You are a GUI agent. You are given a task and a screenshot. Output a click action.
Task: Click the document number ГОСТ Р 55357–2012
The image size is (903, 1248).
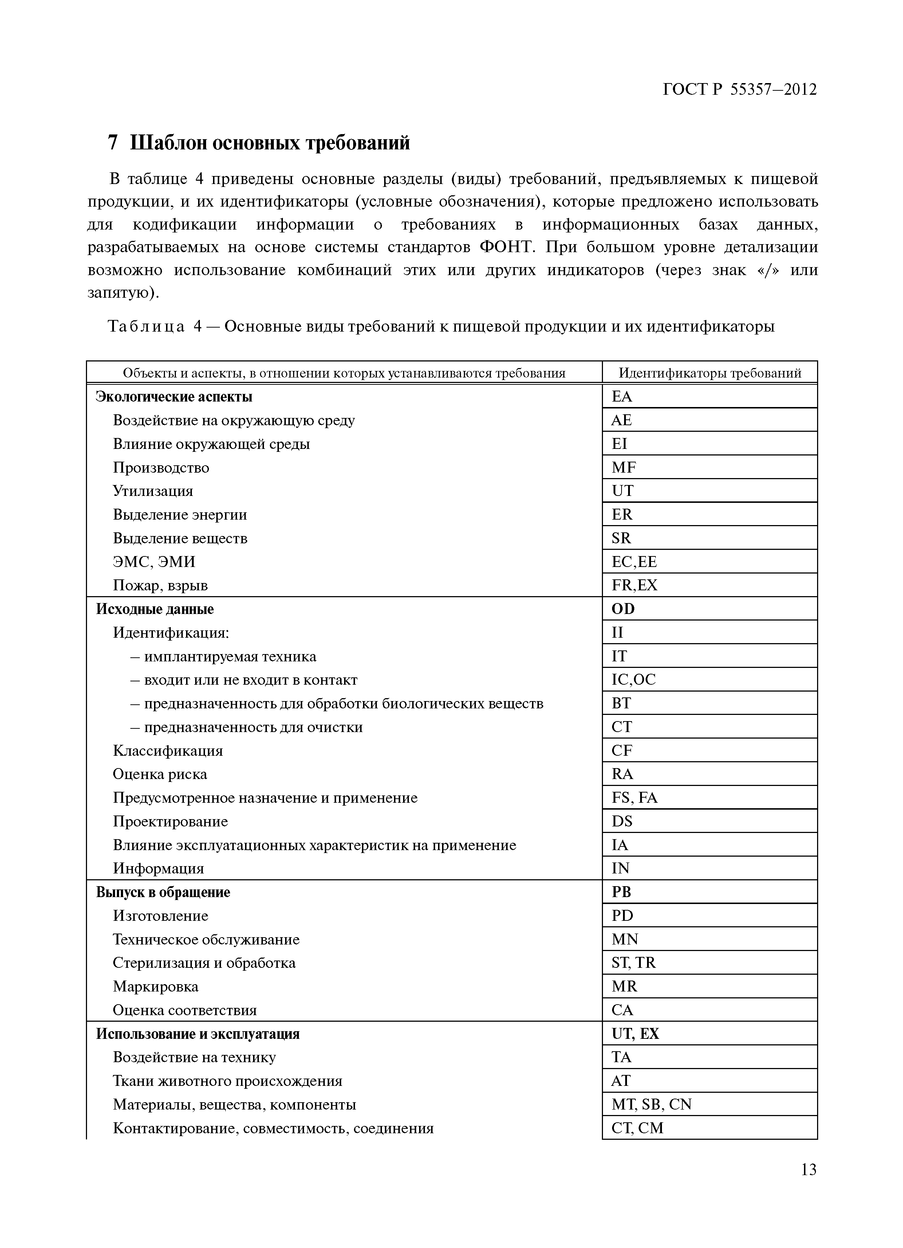pos(740,89)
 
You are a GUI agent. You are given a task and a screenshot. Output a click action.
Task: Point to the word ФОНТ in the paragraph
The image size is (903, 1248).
pos(506,247)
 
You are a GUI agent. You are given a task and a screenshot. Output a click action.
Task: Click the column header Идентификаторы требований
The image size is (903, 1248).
pos(709,373)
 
